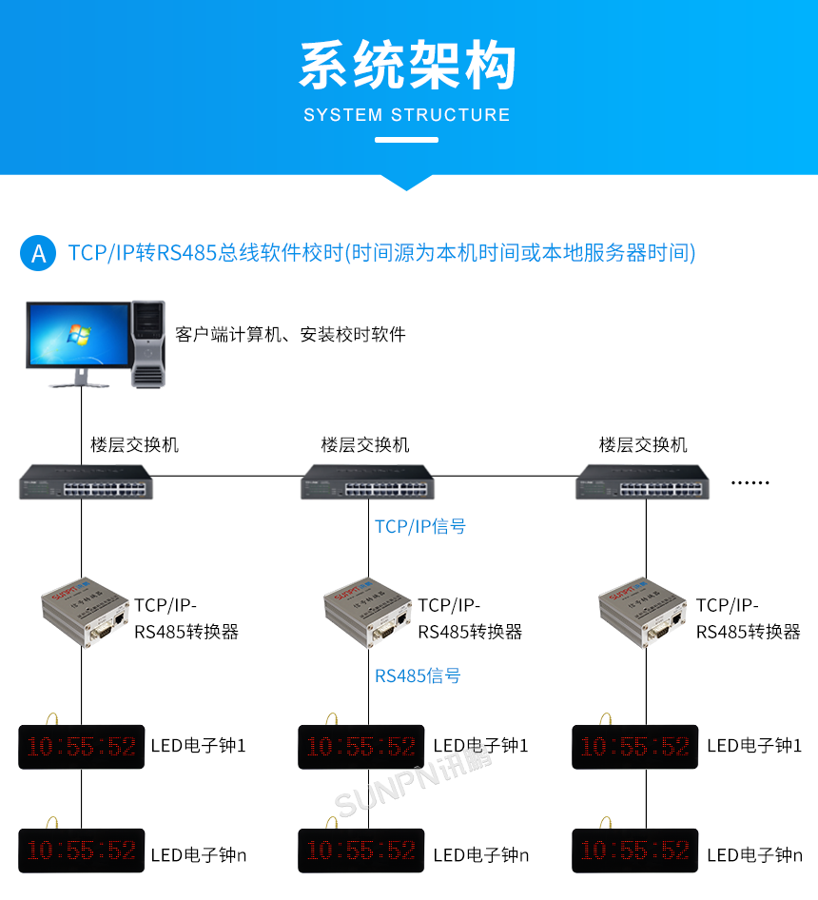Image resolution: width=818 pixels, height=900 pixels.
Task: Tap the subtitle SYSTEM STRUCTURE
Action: (x=407, y=115)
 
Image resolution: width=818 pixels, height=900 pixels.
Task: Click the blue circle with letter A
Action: (x=38, y=253)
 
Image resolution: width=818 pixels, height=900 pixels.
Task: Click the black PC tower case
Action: (x=147, y=343)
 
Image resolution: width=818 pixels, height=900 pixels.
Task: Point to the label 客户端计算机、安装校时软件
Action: (x=290, y=335)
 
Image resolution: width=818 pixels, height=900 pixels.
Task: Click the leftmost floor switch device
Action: (x=81, y=483)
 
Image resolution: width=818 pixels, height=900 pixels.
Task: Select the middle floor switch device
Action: (x=367, y=483)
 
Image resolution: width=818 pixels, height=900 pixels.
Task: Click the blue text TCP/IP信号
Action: (x=420, y=526)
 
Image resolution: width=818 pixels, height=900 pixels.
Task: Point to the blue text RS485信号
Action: (x=418, y=676)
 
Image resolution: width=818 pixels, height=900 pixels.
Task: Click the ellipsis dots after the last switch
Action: (x=750, y=483)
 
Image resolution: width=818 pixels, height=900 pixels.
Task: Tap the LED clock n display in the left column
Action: (x=81, y=850)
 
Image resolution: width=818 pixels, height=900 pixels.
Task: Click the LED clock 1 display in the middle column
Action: (x=361, y=747)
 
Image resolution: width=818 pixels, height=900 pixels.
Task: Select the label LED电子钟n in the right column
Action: (x=754, y=855)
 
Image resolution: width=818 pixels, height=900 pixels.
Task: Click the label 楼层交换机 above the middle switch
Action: (x=365, y=444)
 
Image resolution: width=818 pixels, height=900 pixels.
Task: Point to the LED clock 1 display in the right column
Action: (x=635, y=747)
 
